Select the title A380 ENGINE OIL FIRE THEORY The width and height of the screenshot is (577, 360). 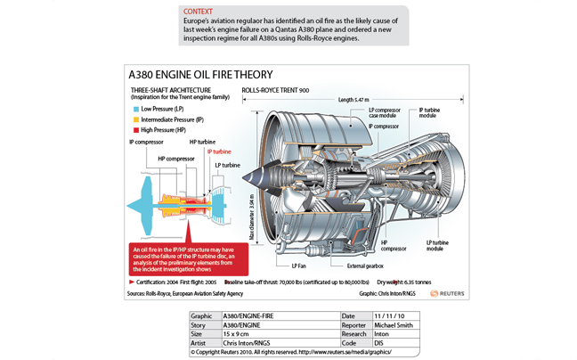pyautogui.click(x=200, y=75)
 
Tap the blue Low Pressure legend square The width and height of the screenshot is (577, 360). pyautogui.click(x=135, y=109)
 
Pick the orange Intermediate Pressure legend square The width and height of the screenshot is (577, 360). pyautogui.click(x=135, y=119)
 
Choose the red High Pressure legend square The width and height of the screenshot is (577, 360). pyautogui.click(x=135, y=128)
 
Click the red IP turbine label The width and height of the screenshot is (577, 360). pyautogui.click(x=222, y=151)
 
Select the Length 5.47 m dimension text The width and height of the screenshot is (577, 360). pyautogui.click(x=356, y=100)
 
